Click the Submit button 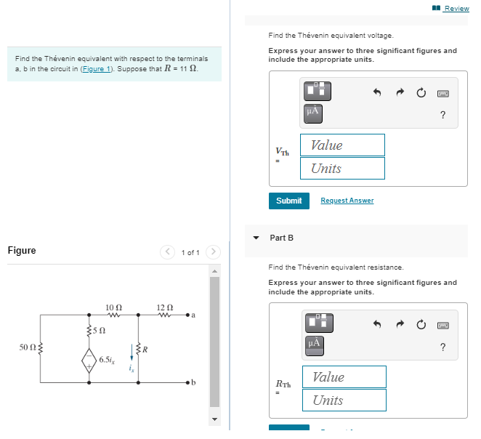288,201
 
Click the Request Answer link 347,201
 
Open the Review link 456,9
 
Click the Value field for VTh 342,145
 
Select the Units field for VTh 342,168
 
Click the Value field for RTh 344,376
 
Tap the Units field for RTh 344,400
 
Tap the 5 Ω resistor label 101,331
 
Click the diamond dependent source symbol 89,358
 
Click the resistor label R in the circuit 145,350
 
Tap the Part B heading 282,238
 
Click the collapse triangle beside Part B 256,238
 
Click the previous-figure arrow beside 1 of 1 169,252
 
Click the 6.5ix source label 106,358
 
